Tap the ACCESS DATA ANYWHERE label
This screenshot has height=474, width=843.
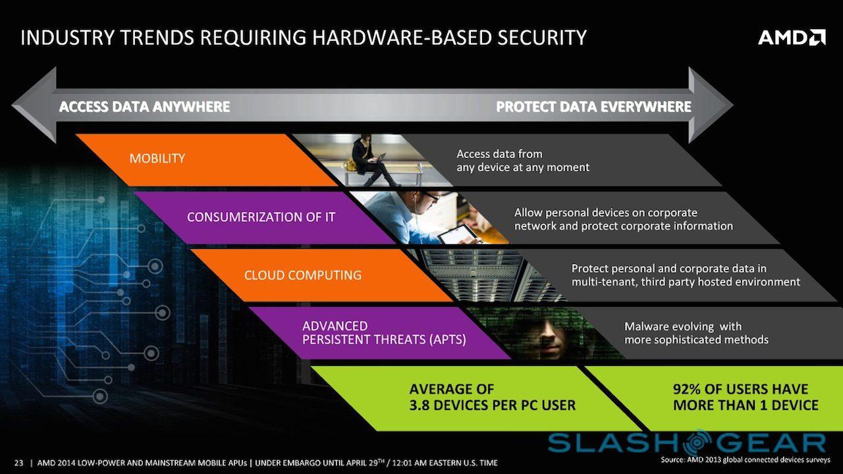click(144, 107)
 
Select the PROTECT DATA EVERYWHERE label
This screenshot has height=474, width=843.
click(593, 107)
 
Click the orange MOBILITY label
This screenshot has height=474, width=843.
click(157, 159)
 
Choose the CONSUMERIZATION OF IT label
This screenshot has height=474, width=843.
click(261, 217)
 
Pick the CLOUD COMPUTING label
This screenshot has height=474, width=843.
click(302, 275)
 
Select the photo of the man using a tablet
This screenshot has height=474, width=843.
click(428, 217)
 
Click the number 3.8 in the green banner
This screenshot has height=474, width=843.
click(421, 405)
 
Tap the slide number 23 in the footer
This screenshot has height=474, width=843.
click(18, 462)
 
